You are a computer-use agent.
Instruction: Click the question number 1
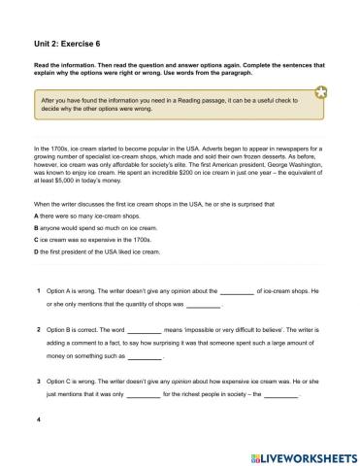pos(37,290)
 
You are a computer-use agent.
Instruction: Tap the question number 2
pos(37,330)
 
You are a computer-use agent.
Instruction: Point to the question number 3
pos(37,382)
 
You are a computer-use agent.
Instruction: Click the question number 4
pos(37,420)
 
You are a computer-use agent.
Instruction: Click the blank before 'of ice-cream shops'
pos(237,290)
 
